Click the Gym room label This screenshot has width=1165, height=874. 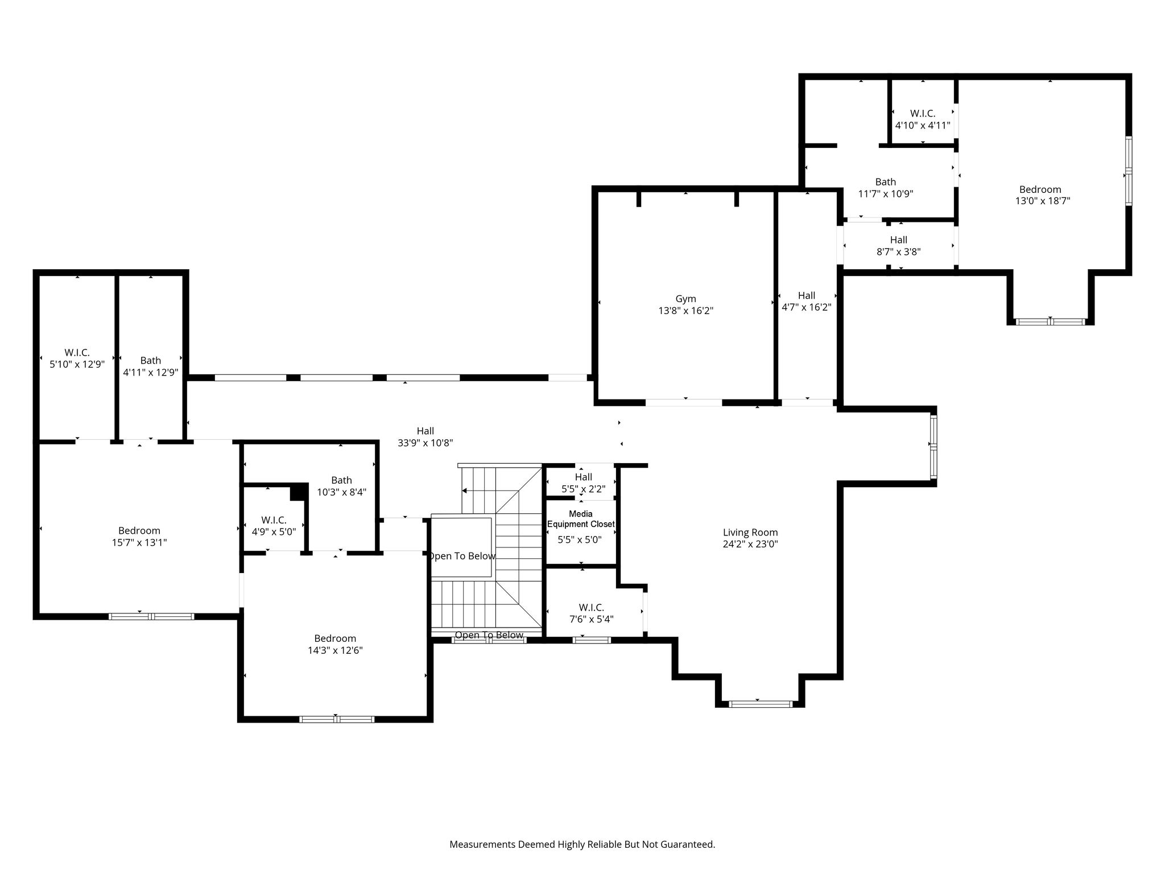pyautogui.click(x=685, y=299)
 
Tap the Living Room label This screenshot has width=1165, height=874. pyautogui.click(x=750, y=533)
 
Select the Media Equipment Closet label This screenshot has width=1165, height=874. pyautogui.click(x=581, y=519)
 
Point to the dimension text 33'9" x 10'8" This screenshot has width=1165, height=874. pyautogui.click(x=425, y=443)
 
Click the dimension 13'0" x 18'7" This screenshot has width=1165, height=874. pyautogui.click(x=1043, y=201)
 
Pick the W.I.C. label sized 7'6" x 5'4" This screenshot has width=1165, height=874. pyautogui.click(x=592, y=608)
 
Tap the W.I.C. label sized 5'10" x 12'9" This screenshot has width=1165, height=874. pyautogui.click(x=77, y=353)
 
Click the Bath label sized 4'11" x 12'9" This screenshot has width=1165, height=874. pyautogui.click(x=151, y=360)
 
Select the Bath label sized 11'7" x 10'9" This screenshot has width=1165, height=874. pyautogui.click(x=886, y=182)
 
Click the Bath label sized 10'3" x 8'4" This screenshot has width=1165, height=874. pyautogui.click(x=342, y=480)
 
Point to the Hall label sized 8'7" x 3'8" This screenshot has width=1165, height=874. pyautogui.click(x=899, y=240)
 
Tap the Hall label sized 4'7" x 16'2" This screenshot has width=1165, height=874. pyautogui.click(x=807, y=295)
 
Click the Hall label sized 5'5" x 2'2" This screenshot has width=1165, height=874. pyautogui.click(x=584, y=477)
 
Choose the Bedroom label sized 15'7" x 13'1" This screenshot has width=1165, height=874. pyautogui.click(x=139, y=531)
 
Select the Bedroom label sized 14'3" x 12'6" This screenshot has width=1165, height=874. pyautogui.click(x=335, y=638)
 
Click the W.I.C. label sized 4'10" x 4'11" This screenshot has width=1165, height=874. pyautogui.click(x=923, y=113)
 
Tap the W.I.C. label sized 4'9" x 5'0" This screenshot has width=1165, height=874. pyautogui.click(x=274, y=520)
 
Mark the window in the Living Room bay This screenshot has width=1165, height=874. pyautogui.click(x=761, y=704)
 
